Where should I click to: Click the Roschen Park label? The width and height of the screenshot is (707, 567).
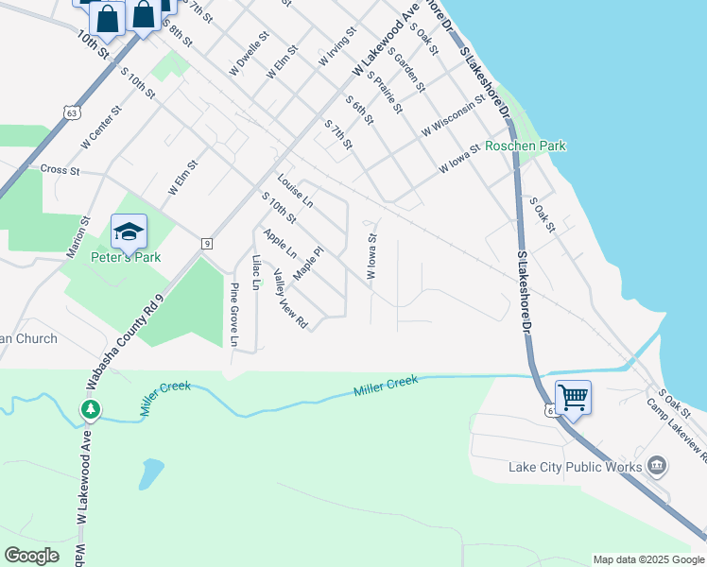click(x=525, y=146)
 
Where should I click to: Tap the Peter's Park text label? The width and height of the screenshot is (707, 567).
click(x=126, y=257)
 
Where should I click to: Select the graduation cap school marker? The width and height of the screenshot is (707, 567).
click(x=129, y=231)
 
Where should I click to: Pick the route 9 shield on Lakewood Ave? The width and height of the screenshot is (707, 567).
click(x=206, y=245)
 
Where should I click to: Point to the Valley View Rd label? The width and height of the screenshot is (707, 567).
click(x=290, y=299)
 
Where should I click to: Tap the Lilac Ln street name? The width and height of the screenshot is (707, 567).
click(x=255, y=272)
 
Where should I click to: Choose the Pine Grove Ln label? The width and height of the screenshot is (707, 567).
click(x=234, y=314)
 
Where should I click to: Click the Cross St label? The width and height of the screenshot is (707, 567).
click(x=60, y=170)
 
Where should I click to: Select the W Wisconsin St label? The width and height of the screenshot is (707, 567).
click(x=454, y=113)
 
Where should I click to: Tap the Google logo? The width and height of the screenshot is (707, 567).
click(x=31, y=556)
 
